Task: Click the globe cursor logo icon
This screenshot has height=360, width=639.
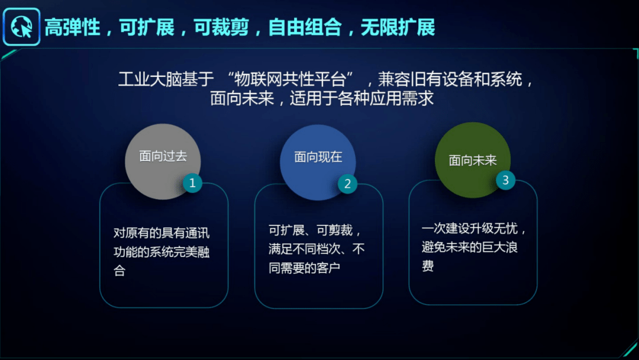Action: coord(22,27)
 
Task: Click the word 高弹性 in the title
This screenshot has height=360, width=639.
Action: coord(73,28)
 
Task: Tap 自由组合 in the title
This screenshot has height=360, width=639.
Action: coord(305,28)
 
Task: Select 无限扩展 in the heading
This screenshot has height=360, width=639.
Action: coord(398,28)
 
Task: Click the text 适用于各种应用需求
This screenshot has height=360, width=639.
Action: coord(362,98)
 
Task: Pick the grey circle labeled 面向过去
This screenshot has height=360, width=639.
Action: coord(163,162)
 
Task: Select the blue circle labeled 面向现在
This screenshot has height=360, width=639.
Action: coord(318,162)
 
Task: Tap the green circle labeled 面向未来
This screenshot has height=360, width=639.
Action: coord(473,160)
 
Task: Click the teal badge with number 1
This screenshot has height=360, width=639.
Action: coord(192,182)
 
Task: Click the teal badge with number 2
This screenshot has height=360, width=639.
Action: coord(348,184)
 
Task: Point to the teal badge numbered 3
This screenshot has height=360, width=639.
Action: coord(505,180)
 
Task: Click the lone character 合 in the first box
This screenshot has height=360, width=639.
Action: coord(120,271)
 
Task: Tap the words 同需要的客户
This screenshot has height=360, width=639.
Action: coord(305,268)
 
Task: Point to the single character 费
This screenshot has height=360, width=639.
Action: coord(428,266)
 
